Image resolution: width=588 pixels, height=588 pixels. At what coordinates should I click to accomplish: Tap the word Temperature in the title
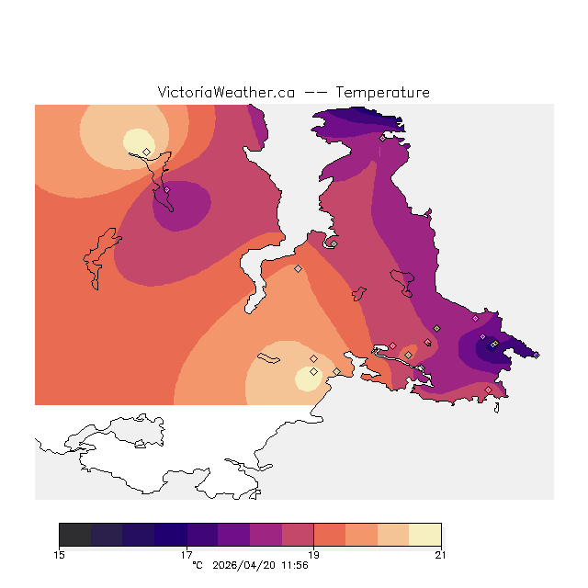click(x=382, y=93)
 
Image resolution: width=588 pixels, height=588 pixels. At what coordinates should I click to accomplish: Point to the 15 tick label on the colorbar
click(x=59, y=554)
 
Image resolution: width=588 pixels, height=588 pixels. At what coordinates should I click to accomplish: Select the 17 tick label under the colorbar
click(x=187, y=554)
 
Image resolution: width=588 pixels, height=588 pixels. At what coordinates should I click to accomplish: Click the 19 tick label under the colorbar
click(x=313, y=554)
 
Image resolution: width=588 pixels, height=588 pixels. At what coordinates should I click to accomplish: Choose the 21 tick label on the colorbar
click(x=441, y=554)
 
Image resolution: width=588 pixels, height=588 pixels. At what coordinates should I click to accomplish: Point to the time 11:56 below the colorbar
click(x=293, y=565)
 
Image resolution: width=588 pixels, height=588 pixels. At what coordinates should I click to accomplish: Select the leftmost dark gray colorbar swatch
click(x=74, y=535)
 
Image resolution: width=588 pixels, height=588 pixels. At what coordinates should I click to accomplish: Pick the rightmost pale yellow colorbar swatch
click(x=424, y=535)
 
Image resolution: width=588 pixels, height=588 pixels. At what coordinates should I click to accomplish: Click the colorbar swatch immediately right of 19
click(x=329, y=535)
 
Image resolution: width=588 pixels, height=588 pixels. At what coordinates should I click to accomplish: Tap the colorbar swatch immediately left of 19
click(x=298, y=535)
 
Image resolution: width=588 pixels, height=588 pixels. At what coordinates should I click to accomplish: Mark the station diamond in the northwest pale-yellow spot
click(x=146, y=152)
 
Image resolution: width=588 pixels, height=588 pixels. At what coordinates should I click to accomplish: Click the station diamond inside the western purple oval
click(x=167, y=190)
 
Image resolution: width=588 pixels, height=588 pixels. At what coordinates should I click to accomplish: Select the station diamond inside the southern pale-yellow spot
click(x=313, y=371)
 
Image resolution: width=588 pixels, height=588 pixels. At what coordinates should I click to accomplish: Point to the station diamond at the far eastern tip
click(x=537, y=355)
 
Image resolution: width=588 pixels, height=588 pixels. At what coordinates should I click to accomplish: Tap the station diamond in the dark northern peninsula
click(x=382, y=138)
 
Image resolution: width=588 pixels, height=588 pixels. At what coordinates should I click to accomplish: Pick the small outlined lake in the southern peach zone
click(x=270, y=358)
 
